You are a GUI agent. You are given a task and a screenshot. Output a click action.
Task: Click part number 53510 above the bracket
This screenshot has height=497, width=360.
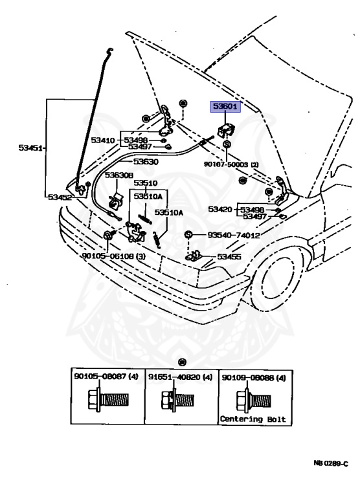146,183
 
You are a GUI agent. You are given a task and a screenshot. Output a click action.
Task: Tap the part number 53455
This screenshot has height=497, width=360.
230,256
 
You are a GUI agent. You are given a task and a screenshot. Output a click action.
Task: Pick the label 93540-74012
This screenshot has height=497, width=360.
233,236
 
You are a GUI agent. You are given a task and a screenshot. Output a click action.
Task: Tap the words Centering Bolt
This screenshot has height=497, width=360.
252,419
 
